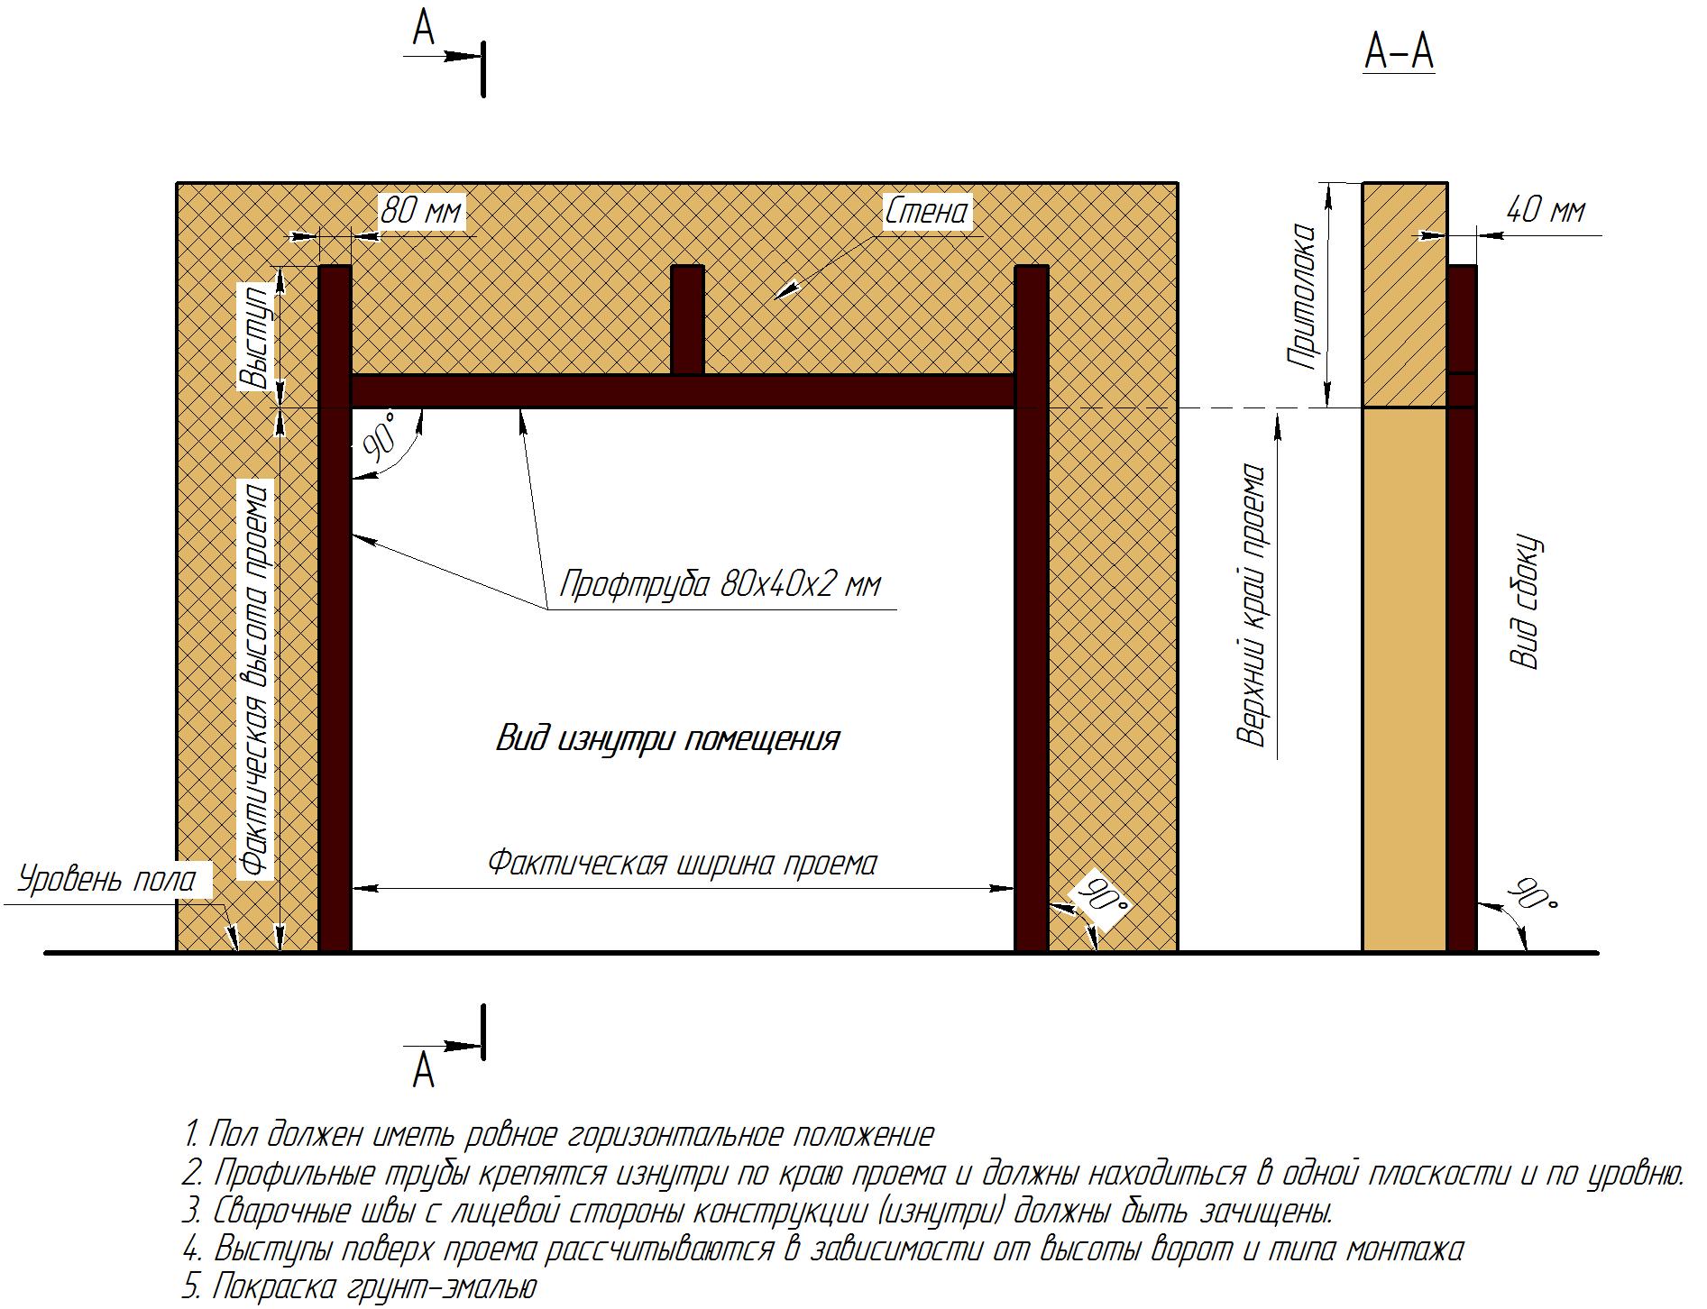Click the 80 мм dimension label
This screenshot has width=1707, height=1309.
pos(419,212)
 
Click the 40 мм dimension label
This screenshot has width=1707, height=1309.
pos(1545,211)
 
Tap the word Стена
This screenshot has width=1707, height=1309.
pos(926,213)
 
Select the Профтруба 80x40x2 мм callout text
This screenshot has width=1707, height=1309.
pos(719,585)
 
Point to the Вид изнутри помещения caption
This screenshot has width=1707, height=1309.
pos(667,739)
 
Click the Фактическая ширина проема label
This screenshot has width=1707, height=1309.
pos(682,863)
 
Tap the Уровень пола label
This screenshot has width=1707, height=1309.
pos(107,879)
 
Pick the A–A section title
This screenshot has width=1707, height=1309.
pos(1399,51)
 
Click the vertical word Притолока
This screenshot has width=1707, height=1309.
pos(1302,297)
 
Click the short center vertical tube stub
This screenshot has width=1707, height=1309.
pos(687,319)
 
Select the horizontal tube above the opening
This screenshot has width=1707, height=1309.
pos(683,391)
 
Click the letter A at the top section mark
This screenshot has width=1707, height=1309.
pos(424,29)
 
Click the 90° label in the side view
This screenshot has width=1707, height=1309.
pos(1534,895)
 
